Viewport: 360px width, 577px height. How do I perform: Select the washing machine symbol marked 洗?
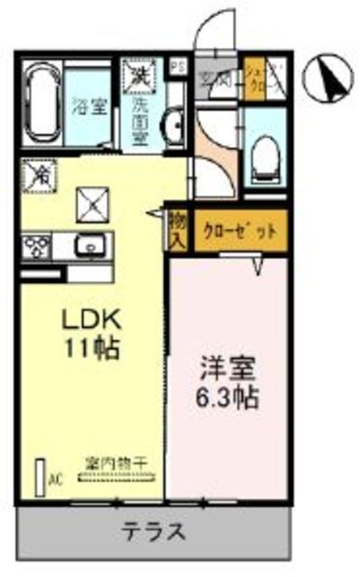140,71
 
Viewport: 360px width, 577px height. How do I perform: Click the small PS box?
179,66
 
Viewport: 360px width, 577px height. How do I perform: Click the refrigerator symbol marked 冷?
41,175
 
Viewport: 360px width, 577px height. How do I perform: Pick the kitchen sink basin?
90,245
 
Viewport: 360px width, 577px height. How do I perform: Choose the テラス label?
155,532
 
